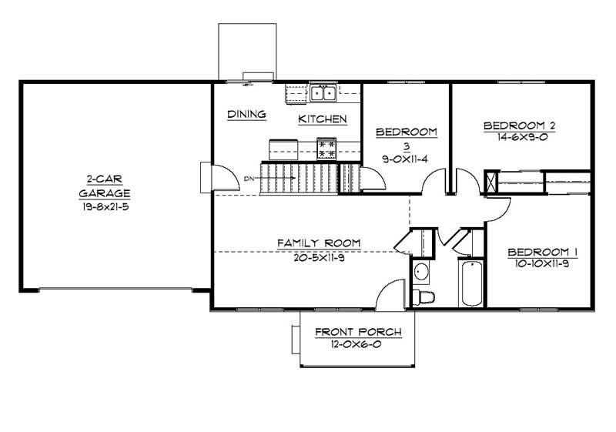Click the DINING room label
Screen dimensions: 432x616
[246, 115]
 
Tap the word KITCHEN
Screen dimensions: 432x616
[323, 119]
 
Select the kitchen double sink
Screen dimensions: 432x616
[323, 93]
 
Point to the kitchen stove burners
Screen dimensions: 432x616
[326, 147]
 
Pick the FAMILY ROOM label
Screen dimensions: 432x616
[319, 243]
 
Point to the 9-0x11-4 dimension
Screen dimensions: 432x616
[406, 160]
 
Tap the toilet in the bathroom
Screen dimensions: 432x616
[423, 296]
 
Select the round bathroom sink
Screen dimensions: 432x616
[421, 272]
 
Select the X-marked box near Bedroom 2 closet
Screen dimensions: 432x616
[490, 182]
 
